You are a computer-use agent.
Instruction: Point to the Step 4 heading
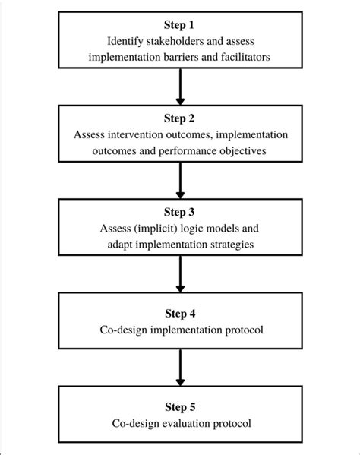pos(180,313)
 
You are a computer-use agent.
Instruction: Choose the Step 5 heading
pos(180,408)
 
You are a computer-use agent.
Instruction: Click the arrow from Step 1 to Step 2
pos(180,87)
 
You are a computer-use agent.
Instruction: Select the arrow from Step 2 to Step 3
pos(180,182)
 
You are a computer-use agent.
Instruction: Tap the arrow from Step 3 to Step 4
pos(180,276)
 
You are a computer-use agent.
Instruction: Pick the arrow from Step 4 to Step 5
pos(180,371)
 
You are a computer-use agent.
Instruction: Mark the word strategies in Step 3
pos(230,244)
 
